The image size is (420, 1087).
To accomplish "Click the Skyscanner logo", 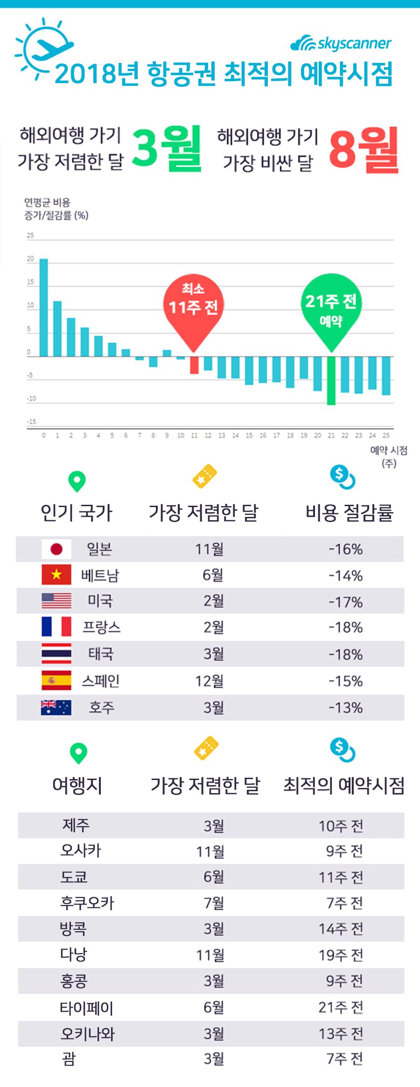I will [341, 43].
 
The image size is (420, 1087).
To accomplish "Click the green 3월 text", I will [167, 148].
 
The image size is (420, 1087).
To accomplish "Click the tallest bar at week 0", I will [43, 307].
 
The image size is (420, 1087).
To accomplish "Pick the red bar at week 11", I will [194, 365].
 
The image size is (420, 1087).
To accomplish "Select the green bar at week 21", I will [331, 380].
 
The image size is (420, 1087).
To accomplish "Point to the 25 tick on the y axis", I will [30, 236].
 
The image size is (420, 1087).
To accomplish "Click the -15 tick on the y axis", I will [31, 422].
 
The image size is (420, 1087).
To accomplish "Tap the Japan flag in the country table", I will [56, 549].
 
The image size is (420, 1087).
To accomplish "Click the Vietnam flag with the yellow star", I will [56, 575].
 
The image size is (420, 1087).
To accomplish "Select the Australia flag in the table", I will [56, 708].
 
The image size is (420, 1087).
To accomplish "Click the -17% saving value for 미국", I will [345, 602].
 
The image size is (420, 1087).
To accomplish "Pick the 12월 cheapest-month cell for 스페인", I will [209, 681].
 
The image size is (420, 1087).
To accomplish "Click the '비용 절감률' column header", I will [349, 513].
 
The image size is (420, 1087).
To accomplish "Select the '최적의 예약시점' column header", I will [344, 785].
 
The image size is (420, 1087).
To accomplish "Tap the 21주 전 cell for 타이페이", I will [341, 1007].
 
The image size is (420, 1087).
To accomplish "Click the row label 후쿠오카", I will [87, 903].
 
